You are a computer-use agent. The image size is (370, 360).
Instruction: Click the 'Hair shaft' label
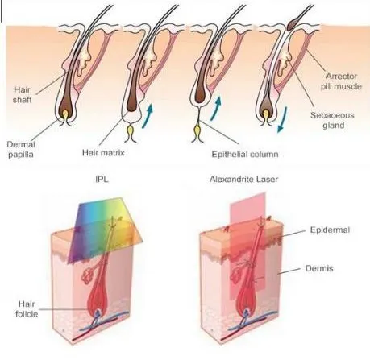point(23,95)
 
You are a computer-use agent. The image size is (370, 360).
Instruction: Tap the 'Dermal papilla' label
point(21,150)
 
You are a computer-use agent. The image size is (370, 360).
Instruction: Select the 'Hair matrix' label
point(103,153)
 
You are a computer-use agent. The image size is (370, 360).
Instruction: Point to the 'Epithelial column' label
point(245,155)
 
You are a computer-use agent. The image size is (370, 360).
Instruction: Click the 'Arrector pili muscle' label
point(341,81)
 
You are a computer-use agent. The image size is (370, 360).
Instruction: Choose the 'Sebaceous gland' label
point(333,120)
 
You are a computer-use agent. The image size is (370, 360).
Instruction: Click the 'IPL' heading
point(102,179)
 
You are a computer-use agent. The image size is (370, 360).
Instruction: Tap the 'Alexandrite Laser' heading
point(243,179)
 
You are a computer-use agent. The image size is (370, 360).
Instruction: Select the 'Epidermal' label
point(330,230)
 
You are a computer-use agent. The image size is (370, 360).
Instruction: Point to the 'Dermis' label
point(319,268)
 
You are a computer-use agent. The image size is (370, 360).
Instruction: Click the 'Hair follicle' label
point(27,309)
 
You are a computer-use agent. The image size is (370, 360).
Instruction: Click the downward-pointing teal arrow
point(282,119)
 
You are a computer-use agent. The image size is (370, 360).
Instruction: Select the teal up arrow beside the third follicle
point(216,109)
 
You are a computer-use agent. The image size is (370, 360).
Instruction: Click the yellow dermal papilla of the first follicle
point(65,115)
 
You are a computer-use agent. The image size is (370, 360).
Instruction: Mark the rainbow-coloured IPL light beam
point(105,228)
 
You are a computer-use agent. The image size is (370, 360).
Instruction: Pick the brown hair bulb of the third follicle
point(200,96)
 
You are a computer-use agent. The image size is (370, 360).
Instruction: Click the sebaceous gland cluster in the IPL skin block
point(87,276)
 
